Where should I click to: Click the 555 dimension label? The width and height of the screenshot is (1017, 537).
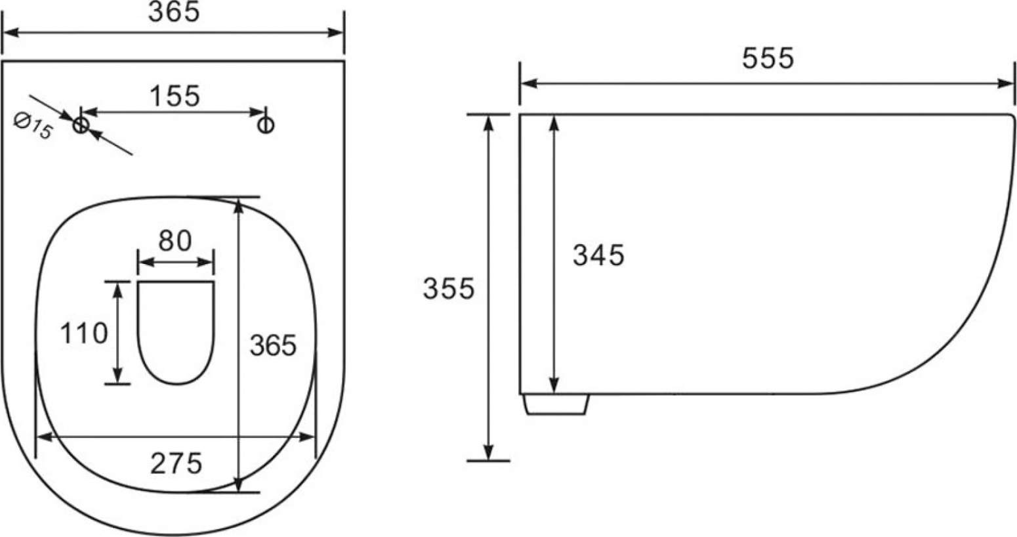[768, 58]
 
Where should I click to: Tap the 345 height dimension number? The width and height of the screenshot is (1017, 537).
[598, 255]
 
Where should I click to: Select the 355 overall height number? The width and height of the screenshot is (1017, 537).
[449, 288]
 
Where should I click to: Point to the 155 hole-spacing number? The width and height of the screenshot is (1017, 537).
[175, 96]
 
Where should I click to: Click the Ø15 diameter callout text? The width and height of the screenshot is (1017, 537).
[33, 126]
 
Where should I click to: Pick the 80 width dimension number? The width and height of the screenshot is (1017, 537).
[175, 241]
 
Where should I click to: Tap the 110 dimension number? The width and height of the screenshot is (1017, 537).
[84, 333]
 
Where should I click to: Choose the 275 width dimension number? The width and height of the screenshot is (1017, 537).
[176, 463]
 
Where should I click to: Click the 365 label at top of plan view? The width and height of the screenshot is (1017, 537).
[174, 12]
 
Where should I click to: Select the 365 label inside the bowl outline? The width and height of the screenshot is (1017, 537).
[274, 345]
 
